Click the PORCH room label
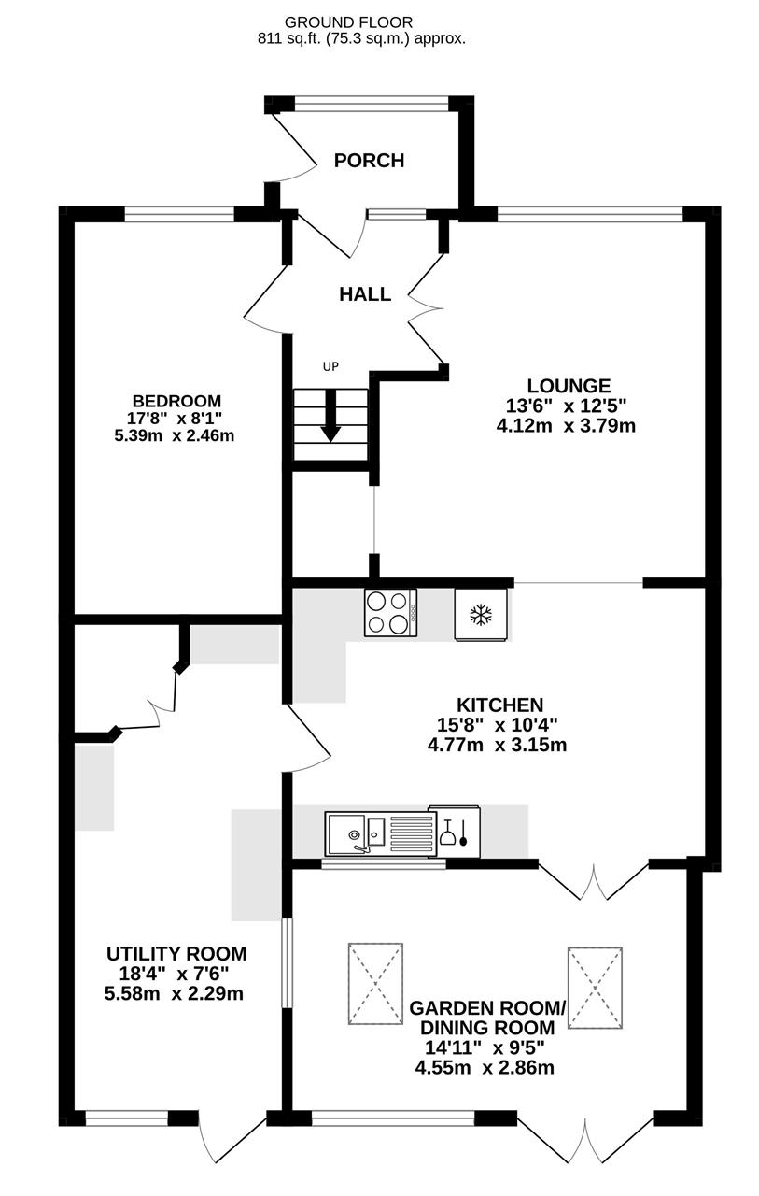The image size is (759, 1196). [369, 160]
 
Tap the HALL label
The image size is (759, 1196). [365, 293]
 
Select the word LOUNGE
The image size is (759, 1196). [569, 386]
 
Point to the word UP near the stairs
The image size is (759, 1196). [330, 367]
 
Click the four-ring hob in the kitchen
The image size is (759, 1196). [391, 612]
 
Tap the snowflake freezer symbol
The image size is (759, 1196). [480, 615]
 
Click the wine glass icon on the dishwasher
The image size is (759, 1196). [447, 832]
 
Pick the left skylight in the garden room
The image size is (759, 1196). [375, 984]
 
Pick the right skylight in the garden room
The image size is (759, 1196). [595, 988]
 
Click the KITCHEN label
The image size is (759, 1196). [500, 705]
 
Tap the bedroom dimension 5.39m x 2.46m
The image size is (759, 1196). [175, 435]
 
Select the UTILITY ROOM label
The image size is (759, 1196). [176, 954]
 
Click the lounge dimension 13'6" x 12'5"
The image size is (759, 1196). [566, 406]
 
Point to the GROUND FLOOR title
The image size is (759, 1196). [349, 22]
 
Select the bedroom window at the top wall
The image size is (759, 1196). [179, 215]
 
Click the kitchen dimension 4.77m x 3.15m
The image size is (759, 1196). [497, 745]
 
